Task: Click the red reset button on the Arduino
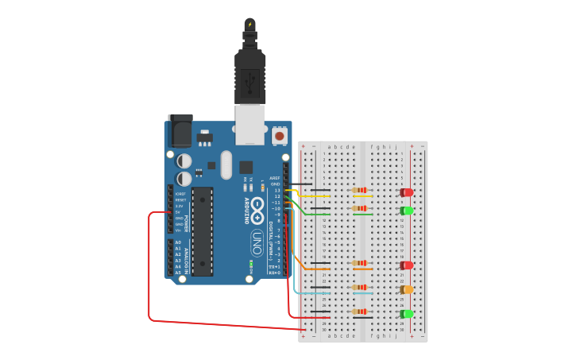pos(280,137)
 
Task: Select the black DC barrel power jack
pos(180,129)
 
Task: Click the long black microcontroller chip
pos(202,230)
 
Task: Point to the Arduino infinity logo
pos(258,209)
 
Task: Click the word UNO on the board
pos(257,240)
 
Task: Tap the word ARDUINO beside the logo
pos(245,209)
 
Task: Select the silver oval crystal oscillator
pos(226,165)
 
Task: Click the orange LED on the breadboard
pos(407,289)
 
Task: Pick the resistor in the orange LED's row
pos(362,288)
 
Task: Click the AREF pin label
pos(275,178)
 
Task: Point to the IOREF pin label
pos(180,193)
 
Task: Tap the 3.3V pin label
pos(180,206)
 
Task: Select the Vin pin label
pos(180,230)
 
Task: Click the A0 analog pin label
pos(179,242)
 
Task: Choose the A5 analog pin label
pos(179,273)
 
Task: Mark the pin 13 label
pos(276,191)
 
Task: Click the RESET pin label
pos(180,199)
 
